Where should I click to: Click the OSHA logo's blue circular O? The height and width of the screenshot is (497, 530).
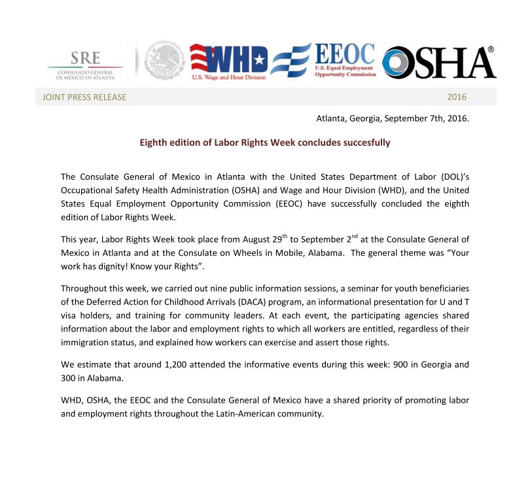point(398,63)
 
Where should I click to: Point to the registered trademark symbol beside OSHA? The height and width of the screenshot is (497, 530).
point(491,50)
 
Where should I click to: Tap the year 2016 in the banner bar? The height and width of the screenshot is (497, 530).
point(457,97)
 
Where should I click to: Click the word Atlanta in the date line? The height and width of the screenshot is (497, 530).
point(332,118)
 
